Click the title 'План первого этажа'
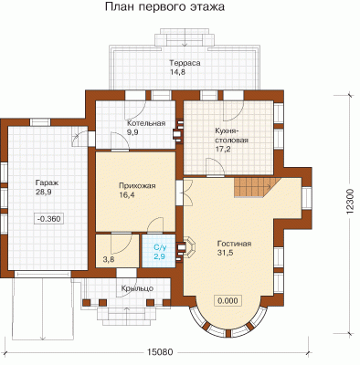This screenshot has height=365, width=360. (x=164, y=7)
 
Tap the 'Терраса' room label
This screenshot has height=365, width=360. (x=185, y=63)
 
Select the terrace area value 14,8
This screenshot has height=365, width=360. (x=177, y=72)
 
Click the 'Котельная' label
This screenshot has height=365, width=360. (x=146, y=123)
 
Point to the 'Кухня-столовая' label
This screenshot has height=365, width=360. (x=231, y=136)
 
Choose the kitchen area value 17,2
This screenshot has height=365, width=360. (x=223, y=149)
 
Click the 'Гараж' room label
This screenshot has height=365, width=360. (x=47, y=183)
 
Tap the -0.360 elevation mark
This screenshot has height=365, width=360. (x=49, y=218)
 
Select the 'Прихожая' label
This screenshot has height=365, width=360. (x=137, y=186)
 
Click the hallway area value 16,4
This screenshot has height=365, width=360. (x=127, y=194)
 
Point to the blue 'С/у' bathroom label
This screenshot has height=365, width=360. (x=160, y=247)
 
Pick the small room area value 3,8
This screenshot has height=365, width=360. (x=109, y=259)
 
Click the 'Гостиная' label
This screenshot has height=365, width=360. (x=234, y=244)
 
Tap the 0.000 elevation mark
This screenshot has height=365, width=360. (x=228, y=301)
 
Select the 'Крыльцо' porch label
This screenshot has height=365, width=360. (x=137, y=288)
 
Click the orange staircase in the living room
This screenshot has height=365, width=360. (x=257, y=188)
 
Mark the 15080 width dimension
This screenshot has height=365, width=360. (x=160, y=352)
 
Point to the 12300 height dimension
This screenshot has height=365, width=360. (x=351, y=201)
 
